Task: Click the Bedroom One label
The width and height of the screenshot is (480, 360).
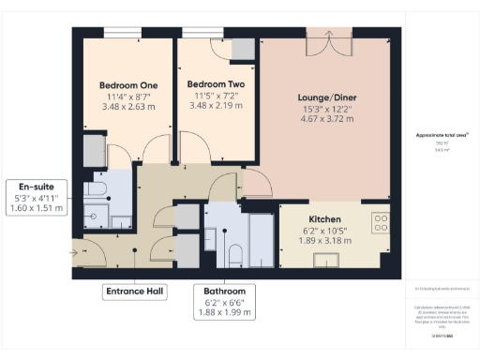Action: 129,85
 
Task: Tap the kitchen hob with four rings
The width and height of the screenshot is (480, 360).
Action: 381,222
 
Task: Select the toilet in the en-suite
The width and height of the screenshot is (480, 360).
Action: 96,191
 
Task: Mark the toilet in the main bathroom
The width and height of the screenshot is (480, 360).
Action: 235,252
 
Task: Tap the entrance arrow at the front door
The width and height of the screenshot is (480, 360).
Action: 77,250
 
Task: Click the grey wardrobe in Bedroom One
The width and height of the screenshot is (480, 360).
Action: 94,150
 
